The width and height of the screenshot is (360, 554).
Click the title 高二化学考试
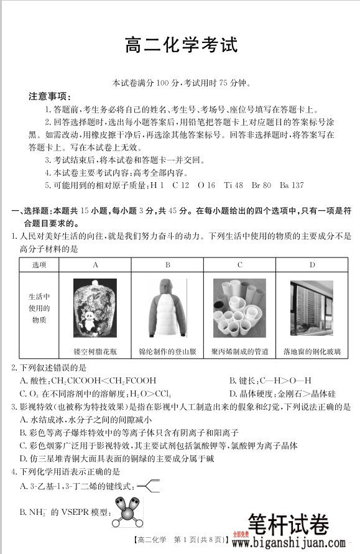181,47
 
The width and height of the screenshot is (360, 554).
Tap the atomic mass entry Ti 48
235,185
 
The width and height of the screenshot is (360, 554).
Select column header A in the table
95,265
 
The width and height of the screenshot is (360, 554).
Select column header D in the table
312,265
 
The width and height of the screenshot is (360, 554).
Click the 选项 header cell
39,265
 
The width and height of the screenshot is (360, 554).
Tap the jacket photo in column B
167,308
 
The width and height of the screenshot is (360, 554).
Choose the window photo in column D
312,308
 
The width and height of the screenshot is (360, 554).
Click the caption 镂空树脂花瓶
95,351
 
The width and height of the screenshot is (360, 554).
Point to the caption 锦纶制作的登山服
167,351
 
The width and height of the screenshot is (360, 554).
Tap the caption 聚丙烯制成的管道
239,351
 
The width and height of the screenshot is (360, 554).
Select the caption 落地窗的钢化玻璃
312,351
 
